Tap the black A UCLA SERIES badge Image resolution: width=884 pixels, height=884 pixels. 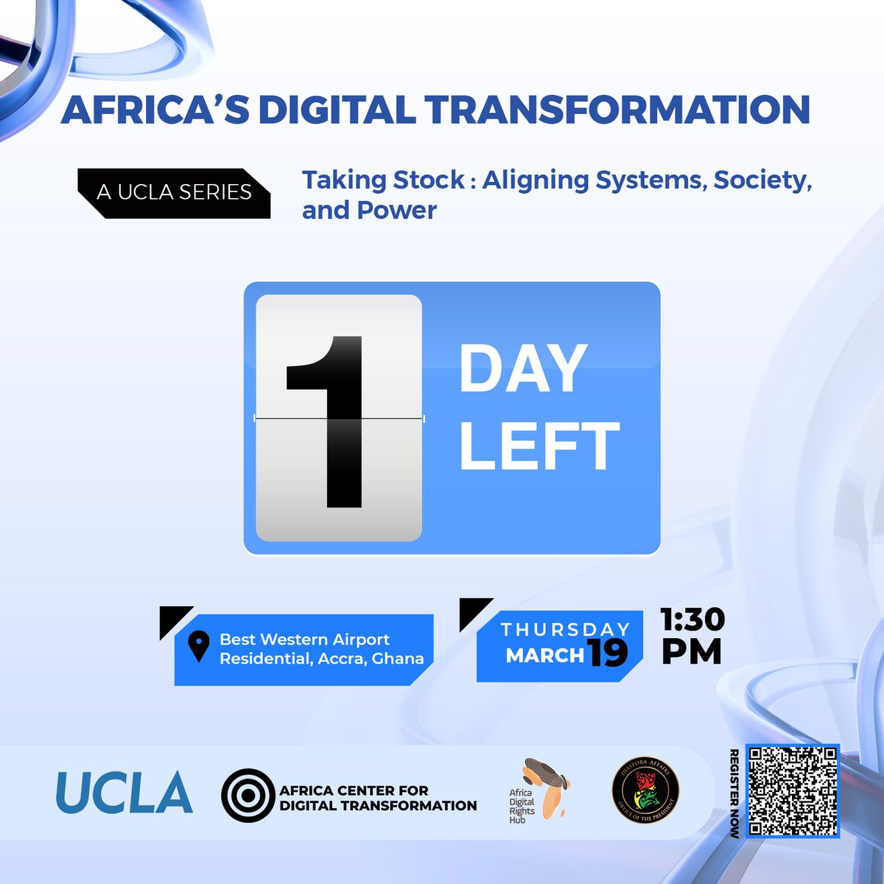tap(175, 192)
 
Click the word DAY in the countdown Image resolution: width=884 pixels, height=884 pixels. tap(522, 369)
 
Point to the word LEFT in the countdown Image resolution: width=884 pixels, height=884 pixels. tap(539, 446)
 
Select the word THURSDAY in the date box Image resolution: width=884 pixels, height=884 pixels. tap(565, 629)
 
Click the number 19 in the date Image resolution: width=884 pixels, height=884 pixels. tap(607, 653)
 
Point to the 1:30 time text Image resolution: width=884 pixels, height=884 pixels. tap(692, 620)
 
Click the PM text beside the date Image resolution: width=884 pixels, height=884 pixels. tap(691, 652)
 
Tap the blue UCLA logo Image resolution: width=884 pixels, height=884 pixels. tap(124, 793)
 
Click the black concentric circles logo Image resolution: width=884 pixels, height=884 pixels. tap(248, 795)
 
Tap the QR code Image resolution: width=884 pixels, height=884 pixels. tap(792, 791)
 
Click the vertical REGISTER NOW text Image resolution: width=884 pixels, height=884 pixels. tap(734, 793)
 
